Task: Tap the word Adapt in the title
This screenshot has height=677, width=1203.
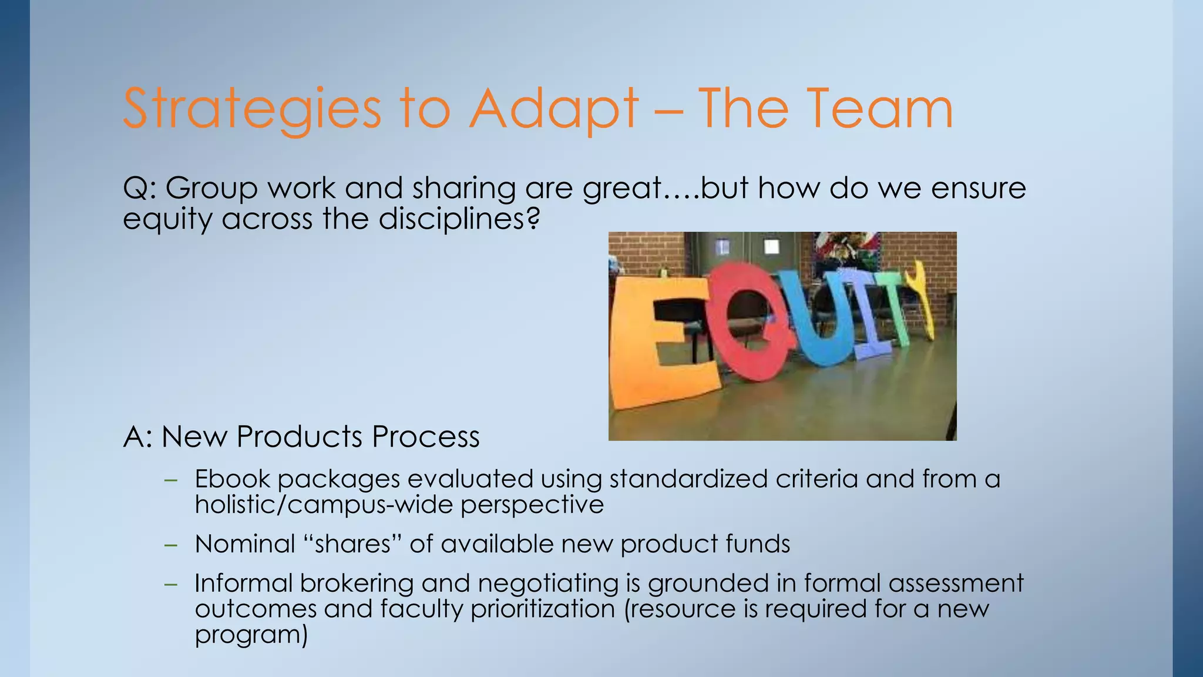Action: [553, 109]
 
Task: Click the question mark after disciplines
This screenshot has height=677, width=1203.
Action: [532, 219]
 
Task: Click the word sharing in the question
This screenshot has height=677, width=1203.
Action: [464, 189]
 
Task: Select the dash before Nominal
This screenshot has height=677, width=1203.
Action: [171, 545]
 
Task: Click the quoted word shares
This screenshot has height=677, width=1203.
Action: [352, 544]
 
